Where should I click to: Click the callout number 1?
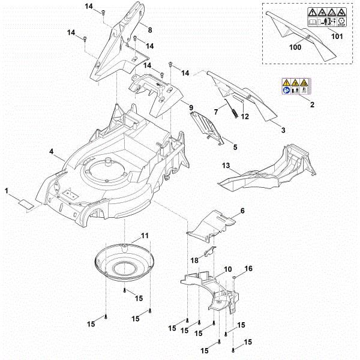click(x=7, y=191)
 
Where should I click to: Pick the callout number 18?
click(x=194, y=259)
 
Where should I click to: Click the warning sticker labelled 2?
click(x=295, y=86)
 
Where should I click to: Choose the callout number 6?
click(x=242, y=211)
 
